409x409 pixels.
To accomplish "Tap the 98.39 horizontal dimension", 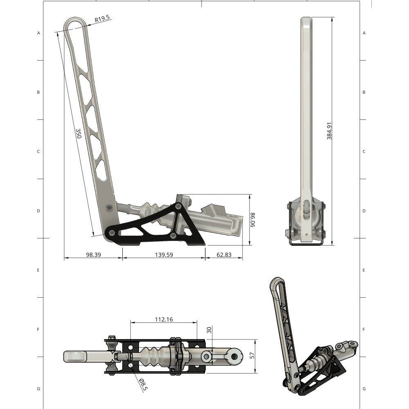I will (93, 254).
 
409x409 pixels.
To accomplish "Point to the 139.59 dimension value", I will (164, 254).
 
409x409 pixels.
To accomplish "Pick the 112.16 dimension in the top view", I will (164, 319).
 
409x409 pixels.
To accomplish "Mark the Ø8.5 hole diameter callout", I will (142, 384).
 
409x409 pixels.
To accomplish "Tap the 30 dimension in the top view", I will (209, 330).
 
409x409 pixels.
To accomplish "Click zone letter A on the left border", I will (38, 33).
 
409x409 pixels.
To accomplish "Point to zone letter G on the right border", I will (364, 389).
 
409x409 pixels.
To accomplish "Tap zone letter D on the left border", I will (38, 211).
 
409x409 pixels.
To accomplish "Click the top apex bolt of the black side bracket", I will (178, 207).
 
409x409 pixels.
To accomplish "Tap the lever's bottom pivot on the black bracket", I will (111, 233).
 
